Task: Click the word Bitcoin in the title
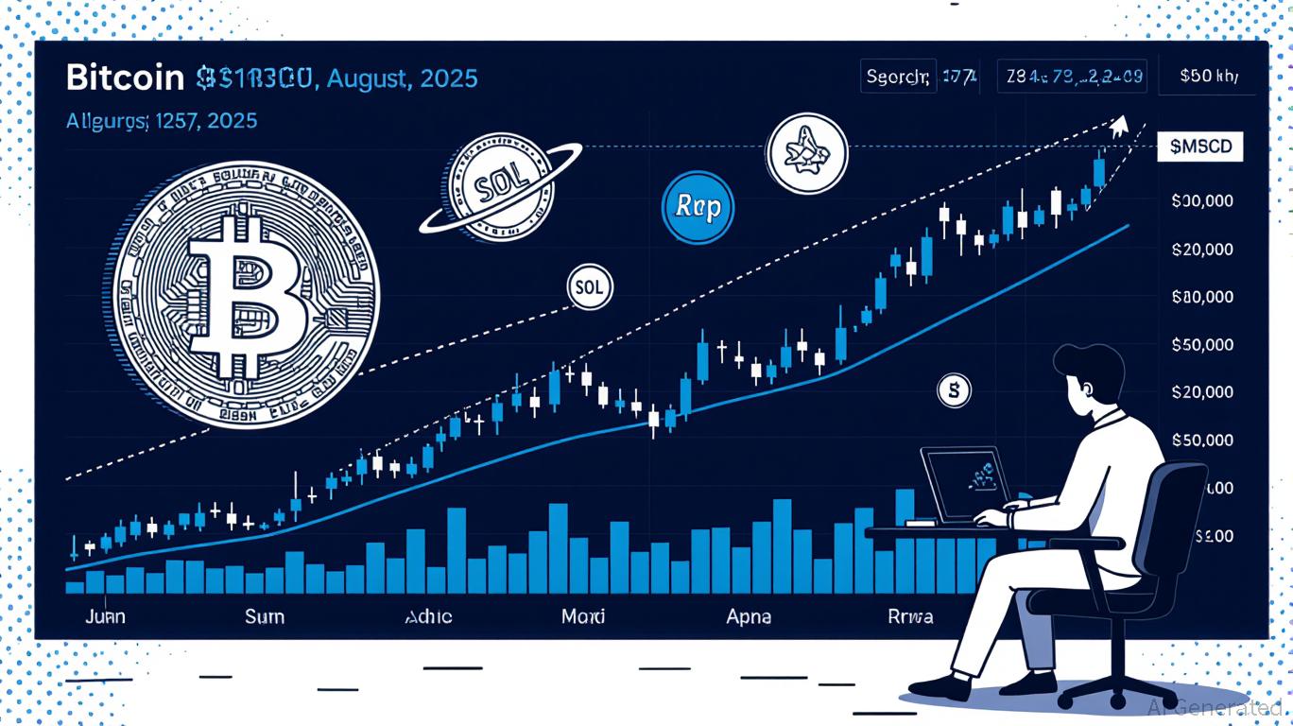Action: click(x=125, y=78)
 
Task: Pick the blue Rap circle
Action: click(x=698, y=207)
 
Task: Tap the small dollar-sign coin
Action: click(x=954, y=389)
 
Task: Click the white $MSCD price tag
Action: click(x=1199, y=147)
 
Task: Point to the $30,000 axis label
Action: click(x=1202, y=200)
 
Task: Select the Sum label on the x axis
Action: click(x=264, y=616)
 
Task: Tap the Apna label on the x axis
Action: click(x=748, y=616)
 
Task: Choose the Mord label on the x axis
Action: click(x=582, y=616)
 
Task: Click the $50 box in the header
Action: click(x=1210, y=77)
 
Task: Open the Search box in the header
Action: click(x=899, y=77)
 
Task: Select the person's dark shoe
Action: click(x=940, y=683)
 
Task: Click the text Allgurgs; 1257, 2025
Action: click(x=162, y=121)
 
